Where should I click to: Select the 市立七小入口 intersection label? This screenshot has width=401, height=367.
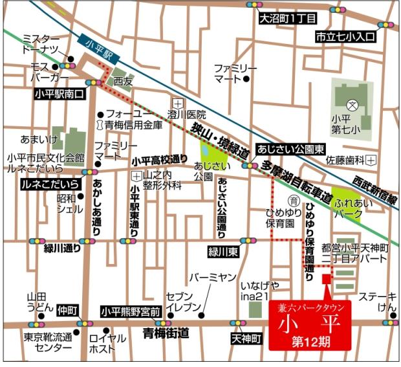point(345,37)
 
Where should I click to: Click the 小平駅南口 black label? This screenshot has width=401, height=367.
point(60,95)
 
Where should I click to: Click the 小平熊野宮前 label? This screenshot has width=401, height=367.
point(130,312)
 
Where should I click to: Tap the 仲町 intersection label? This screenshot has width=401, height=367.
point(67,310)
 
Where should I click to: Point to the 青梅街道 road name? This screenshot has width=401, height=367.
point(166,333)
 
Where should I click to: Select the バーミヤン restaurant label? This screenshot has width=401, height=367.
point(212,278)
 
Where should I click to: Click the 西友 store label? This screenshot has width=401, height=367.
point(123,82)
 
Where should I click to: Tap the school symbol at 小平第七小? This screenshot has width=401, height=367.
point(352,104)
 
